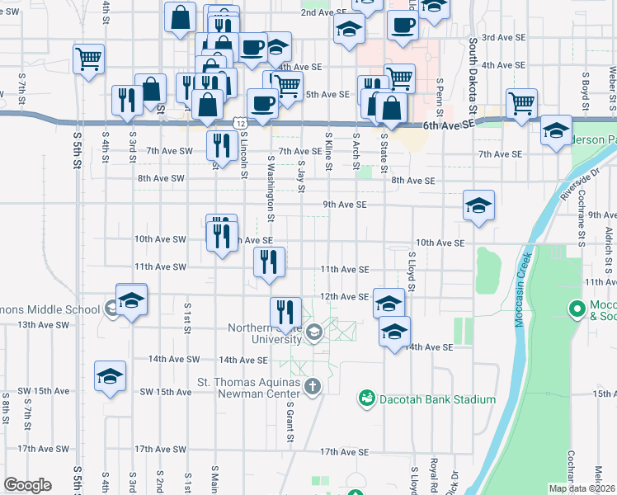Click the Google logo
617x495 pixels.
point(27,485)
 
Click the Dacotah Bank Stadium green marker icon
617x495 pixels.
point(365,399)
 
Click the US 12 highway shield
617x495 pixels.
point(239,121)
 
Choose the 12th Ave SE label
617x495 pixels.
point(343,296)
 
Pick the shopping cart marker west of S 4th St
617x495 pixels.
point(88,59)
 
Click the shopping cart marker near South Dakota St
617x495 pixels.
point(521,105)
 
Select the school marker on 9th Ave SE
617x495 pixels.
point(478,206)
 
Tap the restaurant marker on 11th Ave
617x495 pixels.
point(269,262)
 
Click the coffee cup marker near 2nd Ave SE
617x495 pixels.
point(402,24)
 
